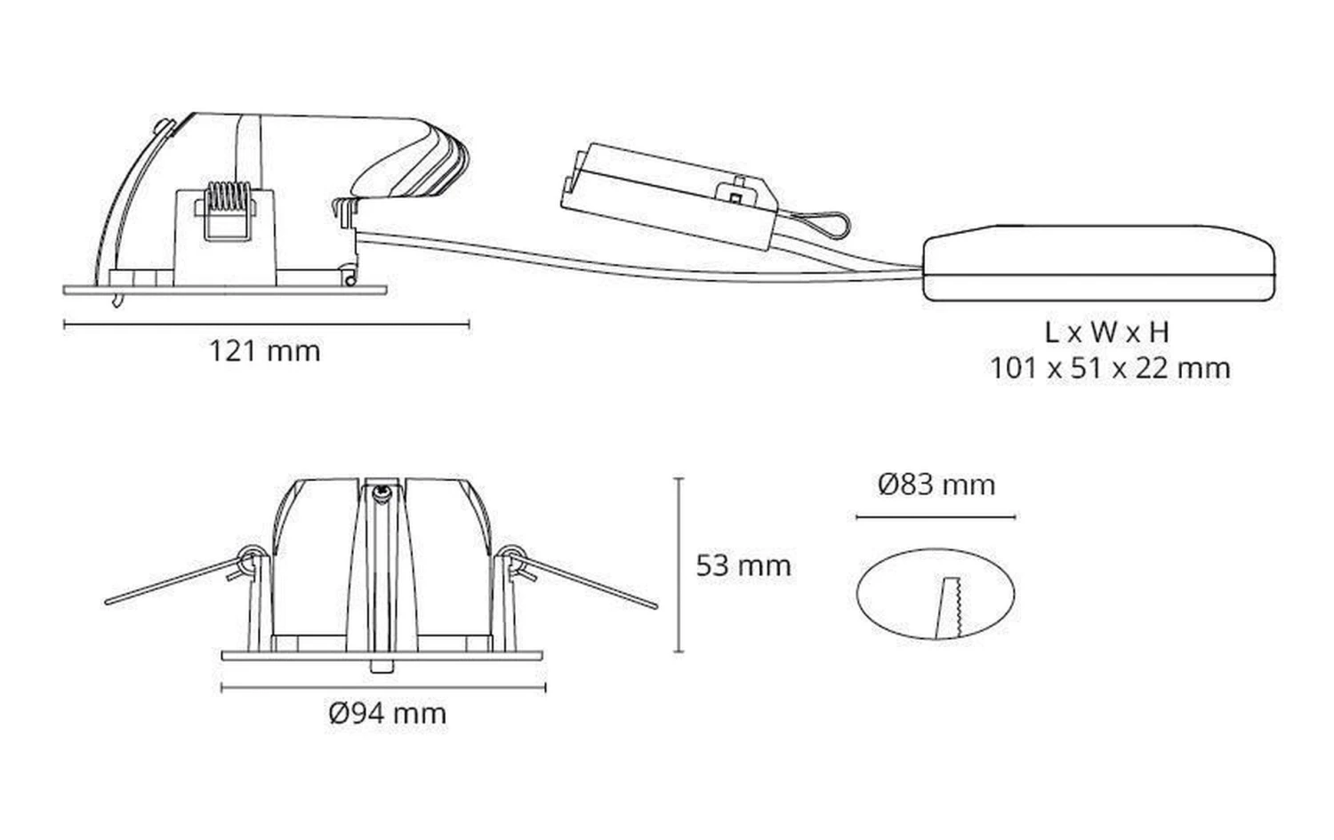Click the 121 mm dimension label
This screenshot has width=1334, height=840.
(x=264, y=351)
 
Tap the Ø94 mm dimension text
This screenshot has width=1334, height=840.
(x=388, y=713)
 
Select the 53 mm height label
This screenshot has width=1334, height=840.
(x=743, y=565)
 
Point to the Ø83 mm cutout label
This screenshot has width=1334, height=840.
(x=936, y=484)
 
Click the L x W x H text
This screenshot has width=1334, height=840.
(x=1107, y=332)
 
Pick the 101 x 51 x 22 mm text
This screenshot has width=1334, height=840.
(x=1110, y=369)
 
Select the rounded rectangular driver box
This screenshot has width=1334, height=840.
(x=1098, y=262)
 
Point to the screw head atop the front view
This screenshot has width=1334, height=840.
(x=382, y=492)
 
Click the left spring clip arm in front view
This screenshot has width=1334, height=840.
(x=179, y=577)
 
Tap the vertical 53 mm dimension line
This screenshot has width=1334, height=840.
(x=679, y=564)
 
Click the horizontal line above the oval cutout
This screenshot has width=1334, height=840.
(x=936, y=517)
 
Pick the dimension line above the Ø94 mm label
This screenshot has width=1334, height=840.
(x=383, y=688)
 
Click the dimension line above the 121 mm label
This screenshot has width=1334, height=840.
(x=266, y=324)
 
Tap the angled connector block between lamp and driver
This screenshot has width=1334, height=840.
(x=670, y=196)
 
